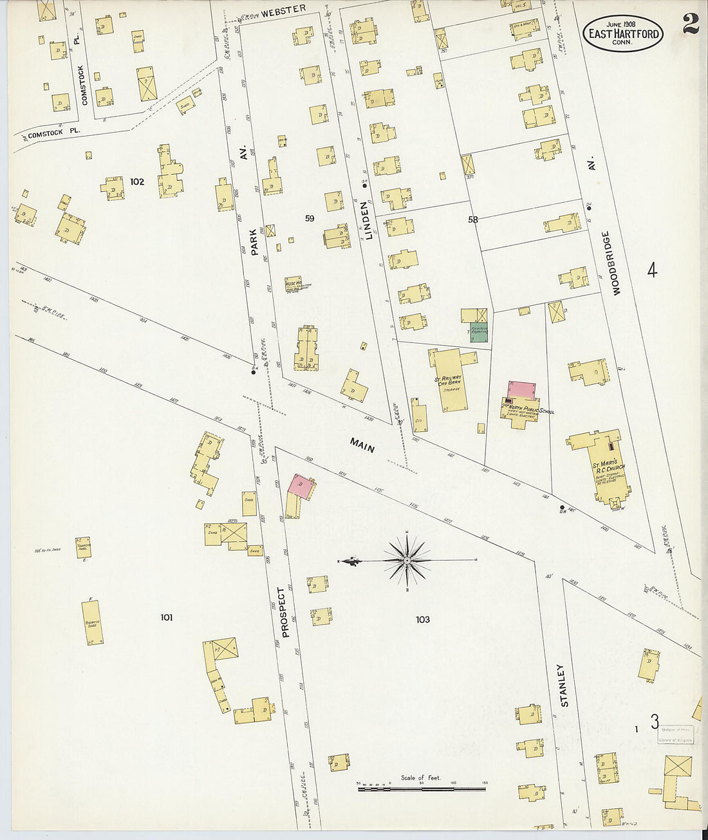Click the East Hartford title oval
click(x=622, y=33)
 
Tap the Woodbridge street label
click(x=616, y=264)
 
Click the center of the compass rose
click(x=408, y=561)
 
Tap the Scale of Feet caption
click(x=420, y=778)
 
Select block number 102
click(x=137, y=182)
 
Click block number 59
click(x=310, y=218)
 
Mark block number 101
click(x=166, y=617)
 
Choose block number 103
click(x=422, y=619)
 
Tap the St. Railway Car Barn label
click(x=448, y=380)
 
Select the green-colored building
click(x=481, y=333)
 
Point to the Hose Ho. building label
click(x=293, y=282)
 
